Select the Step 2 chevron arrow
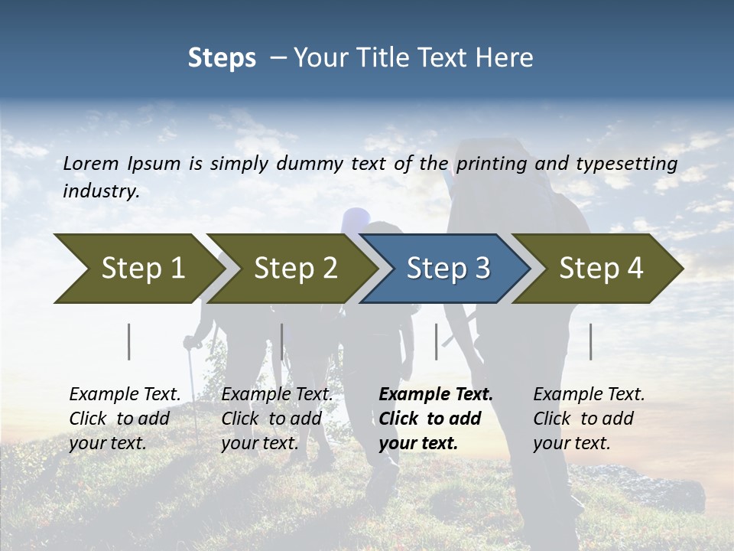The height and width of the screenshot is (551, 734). click(295, 269)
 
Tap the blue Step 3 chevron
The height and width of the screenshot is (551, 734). click(448, 269)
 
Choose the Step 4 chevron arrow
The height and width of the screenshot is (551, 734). click(601, 269)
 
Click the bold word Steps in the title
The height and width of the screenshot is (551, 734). click(222, 57)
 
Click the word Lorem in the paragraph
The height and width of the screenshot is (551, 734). click(90, 163)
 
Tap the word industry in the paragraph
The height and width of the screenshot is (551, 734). click(100, 191)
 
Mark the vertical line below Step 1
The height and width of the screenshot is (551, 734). click(129, 341)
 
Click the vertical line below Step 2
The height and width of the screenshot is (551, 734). click(282, 341)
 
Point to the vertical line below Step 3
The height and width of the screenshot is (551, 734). click(437, 341)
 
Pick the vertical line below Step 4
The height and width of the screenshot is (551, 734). click(591, 341)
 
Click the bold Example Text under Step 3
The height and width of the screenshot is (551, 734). click(436, 395)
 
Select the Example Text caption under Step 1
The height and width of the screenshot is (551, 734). click(125, 395)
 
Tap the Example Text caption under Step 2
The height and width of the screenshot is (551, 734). click(277, 395)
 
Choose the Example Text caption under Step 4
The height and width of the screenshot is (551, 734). click(589, 395)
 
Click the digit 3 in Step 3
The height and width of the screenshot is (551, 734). click(482, 269)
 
